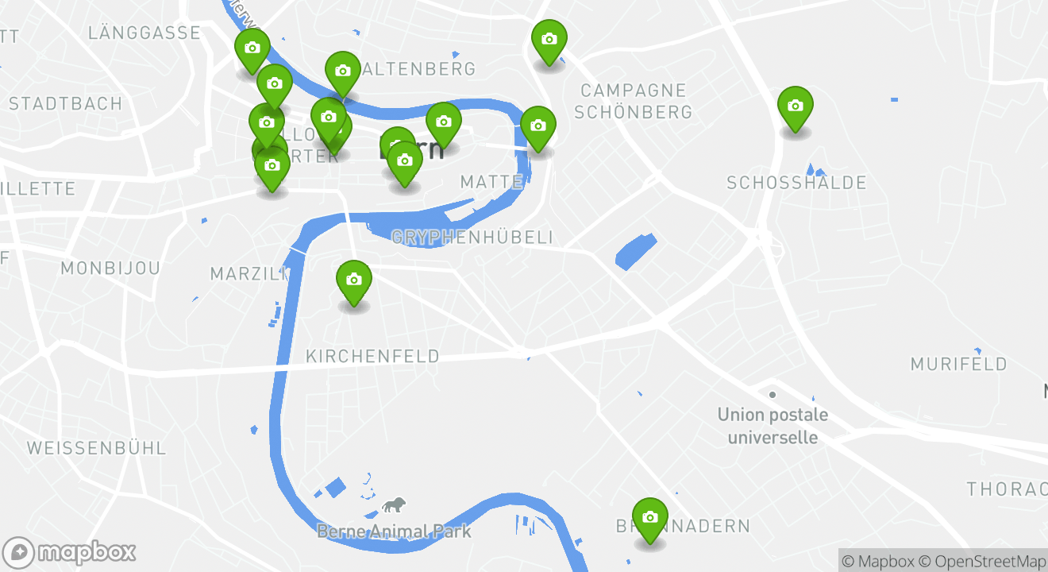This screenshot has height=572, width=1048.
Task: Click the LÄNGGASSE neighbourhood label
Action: pos(144,33)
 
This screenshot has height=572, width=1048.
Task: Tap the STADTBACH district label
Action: pos(66,104)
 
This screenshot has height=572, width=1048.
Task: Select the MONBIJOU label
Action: pos(110,269)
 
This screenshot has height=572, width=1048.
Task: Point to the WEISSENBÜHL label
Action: pos(97,448)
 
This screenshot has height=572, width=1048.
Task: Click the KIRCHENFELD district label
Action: pos(372,356)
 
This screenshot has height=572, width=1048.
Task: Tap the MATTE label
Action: pos(491,183)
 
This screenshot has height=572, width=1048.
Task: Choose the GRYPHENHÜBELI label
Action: pos(472,238)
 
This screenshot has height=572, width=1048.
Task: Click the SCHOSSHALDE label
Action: pos(796,184)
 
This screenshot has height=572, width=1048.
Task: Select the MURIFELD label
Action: pos(958,365)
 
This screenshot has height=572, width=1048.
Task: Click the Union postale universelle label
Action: pos(773,426)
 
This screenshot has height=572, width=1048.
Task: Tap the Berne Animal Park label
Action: pos(394,531)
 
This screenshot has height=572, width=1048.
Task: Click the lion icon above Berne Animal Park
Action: pos(394,505)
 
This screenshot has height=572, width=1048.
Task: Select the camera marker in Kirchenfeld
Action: pos(354,280)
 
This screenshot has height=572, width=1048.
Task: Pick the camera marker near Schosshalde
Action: pos(795,106)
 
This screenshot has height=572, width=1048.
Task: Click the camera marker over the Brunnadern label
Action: pos(650,518)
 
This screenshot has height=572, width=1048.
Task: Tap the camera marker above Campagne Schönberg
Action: pos(549,40)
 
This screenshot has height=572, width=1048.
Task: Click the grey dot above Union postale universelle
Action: pos(772,394)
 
